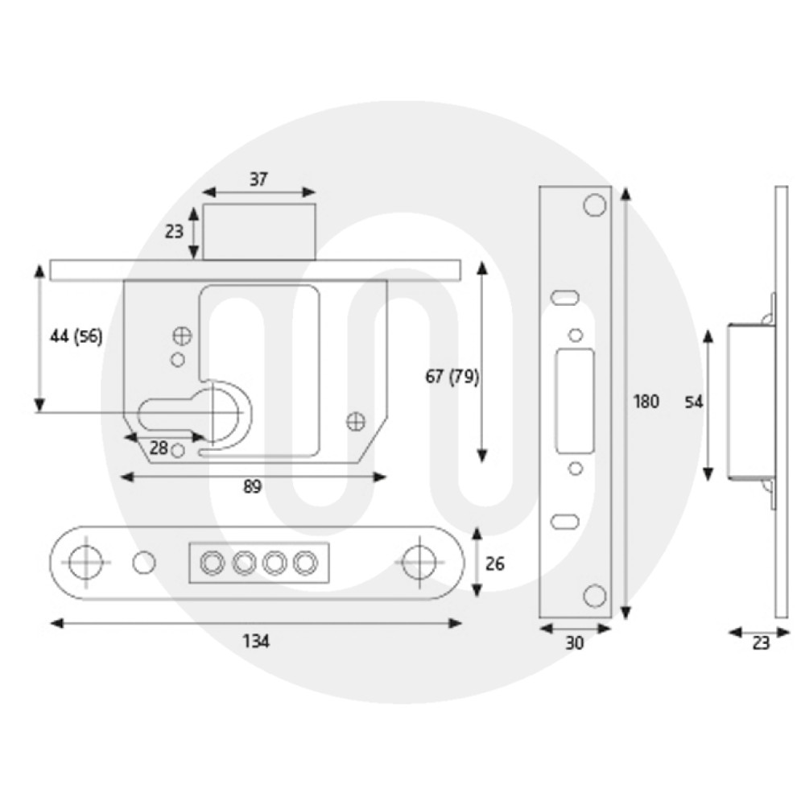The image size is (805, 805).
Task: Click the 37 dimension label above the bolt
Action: coord(258,180)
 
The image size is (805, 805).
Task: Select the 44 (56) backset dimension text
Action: coord(76,337)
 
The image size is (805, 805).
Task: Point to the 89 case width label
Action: coord(253,487)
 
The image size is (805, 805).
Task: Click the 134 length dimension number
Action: coord(257,641)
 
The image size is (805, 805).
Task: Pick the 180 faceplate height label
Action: coord(646,401)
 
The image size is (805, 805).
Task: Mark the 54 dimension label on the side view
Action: coord(693,402)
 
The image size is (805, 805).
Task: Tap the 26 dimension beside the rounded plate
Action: coord(495,563)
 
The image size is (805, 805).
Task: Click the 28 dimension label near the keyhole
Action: coord(159,448)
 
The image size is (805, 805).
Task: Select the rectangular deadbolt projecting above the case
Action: coord(258,232)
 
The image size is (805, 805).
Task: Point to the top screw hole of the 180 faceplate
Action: coord(594,206)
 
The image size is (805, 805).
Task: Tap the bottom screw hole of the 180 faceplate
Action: coord(594,596)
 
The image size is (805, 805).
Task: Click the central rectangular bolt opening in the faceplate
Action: coord(576,400)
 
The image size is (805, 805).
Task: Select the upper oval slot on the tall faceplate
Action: coord(564,297)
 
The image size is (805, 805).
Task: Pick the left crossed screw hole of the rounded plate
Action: coord(85,562)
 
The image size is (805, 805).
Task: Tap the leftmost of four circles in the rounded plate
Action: coord(213,563)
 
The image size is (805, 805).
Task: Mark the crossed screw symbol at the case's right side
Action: coord(355,420)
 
